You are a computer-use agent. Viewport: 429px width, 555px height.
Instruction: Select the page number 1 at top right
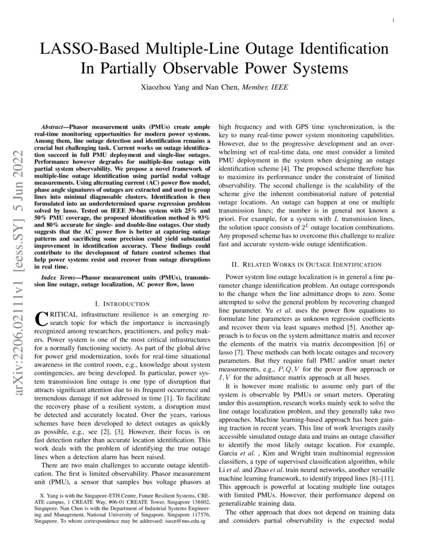click(393, 20)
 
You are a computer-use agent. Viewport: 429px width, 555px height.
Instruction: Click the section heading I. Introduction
click(122, 304)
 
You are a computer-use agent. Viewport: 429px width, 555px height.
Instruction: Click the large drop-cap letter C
click(40, 319)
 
